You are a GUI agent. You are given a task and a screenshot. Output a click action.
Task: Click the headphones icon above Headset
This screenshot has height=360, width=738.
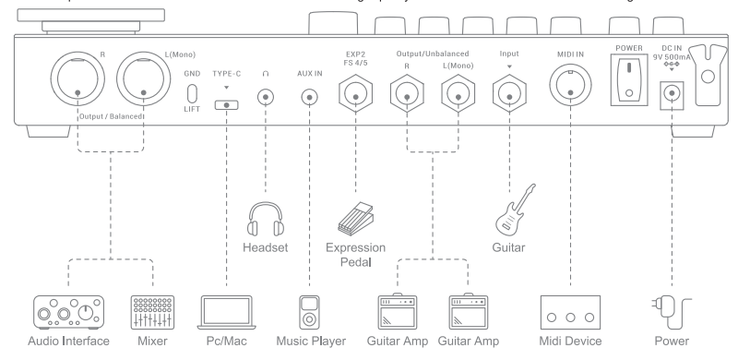[266, 219]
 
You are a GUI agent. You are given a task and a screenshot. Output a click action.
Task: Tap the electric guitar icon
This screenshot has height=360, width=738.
[516, 210]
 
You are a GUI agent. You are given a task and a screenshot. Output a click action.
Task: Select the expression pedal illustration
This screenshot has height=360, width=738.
[355, 219]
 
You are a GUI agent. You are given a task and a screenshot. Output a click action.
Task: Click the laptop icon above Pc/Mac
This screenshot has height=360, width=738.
[226, 312]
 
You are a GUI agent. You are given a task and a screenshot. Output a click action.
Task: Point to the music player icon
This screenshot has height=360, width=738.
[309, 312]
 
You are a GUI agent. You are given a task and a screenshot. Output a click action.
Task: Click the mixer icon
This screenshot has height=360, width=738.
[152, 312]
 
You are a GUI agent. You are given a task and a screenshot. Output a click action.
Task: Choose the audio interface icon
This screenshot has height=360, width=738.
[68, 312]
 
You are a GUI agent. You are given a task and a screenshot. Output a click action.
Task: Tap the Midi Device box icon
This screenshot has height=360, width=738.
[570, 312]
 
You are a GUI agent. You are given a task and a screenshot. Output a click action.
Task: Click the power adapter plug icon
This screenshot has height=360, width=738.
[672, 313]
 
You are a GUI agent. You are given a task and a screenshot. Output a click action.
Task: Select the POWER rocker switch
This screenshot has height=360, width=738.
[629, 79]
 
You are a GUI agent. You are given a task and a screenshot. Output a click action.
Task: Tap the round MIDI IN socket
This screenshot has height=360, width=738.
[570, 86]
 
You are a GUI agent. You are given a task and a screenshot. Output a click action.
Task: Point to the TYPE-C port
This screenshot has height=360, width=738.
[226, 104]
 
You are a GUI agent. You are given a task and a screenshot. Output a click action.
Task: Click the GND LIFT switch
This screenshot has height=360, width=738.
[192, 93]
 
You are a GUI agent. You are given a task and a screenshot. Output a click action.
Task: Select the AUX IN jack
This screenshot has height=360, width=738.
[309, 98]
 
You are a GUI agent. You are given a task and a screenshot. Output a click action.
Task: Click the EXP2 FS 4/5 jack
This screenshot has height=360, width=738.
[356, 94]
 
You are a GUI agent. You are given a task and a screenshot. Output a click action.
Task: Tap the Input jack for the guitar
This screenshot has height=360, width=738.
[509, 94]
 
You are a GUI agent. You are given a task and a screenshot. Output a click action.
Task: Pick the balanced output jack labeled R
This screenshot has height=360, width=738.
[77, 78]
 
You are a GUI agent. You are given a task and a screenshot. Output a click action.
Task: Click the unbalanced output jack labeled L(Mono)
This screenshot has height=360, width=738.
[458, 94]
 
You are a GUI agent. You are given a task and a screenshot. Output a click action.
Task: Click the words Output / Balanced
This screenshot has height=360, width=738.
[111, 116]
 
